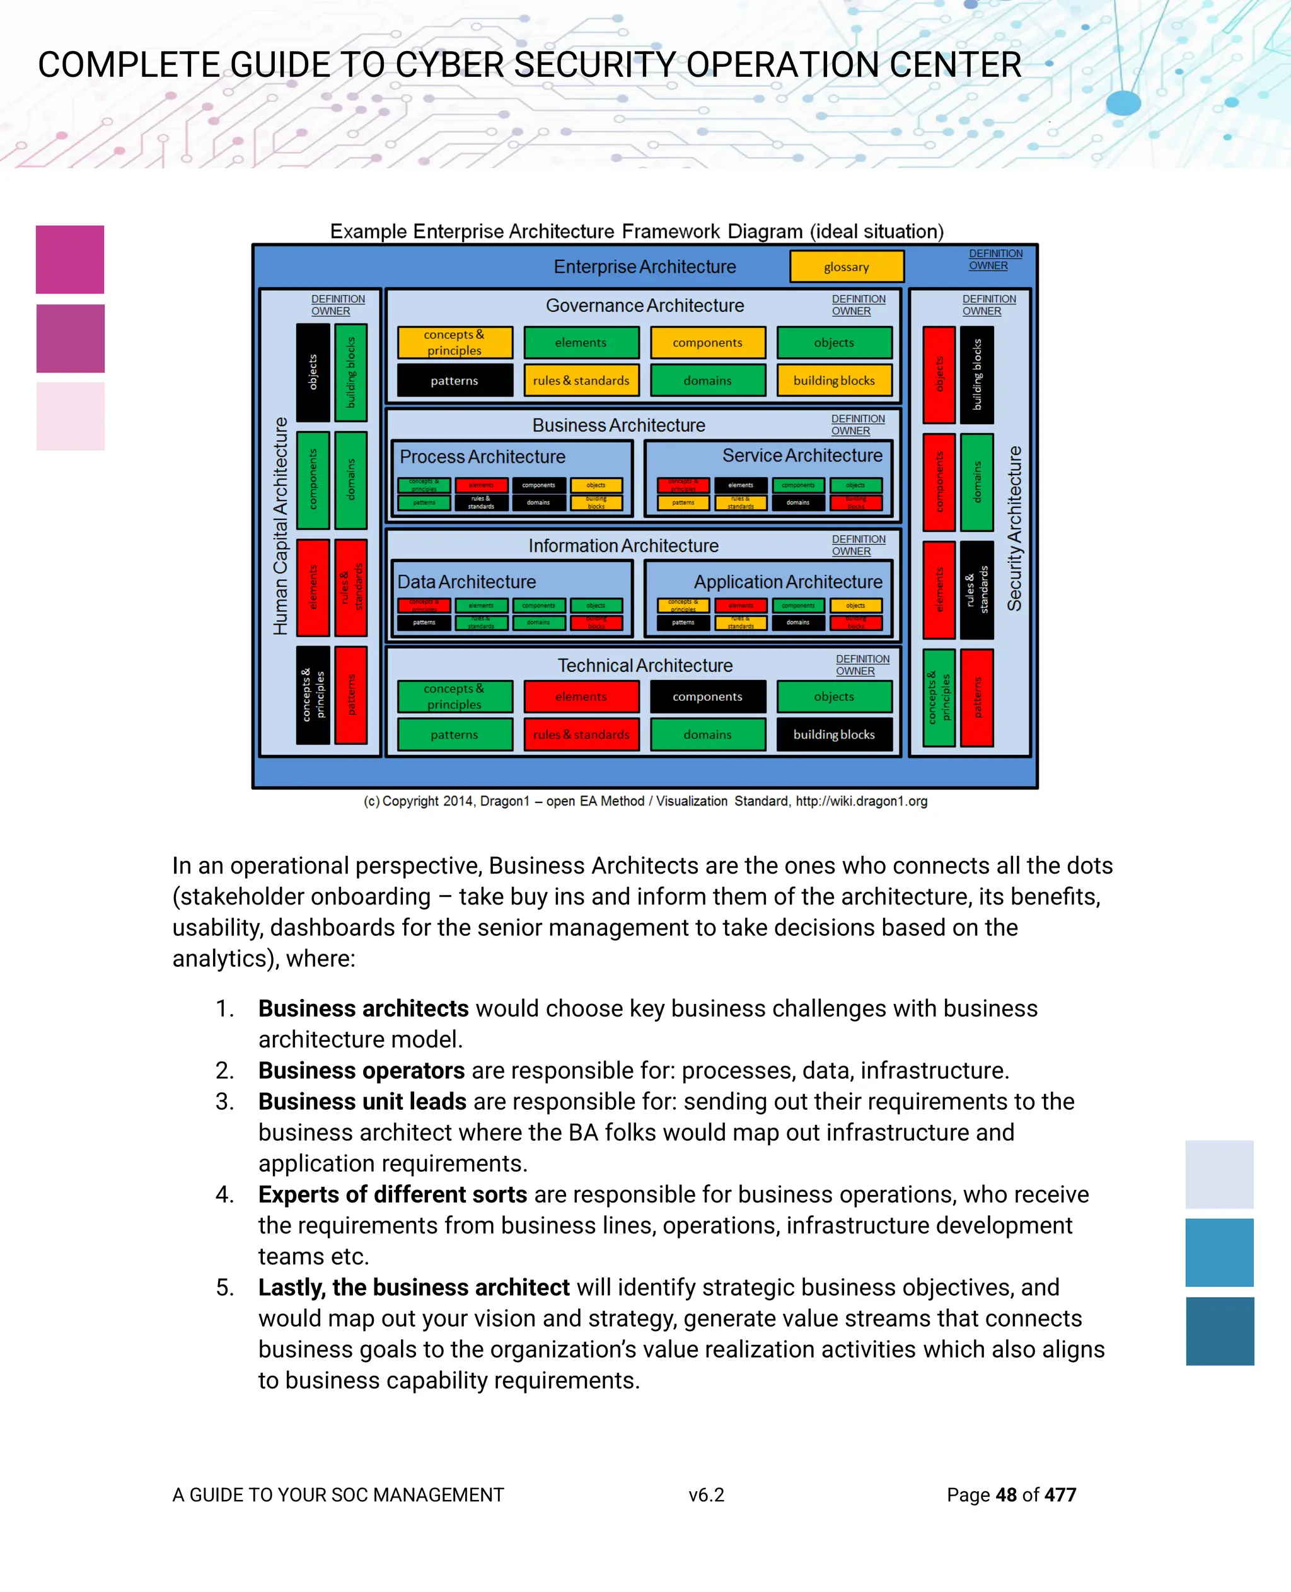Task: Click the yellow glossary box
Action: (x=847, y=266)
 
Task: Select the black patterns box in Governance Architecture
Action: (x=454, y=380)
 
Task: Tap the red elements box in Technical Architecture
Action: (x=581, y=696)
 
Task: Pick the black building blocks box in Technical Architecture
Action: (x=833, y=734)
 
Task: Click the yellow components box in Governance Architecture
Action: (x=707, y=343)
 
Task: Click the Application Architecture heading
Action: (x=787, y=582)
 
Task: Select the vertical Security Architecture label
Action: (x=1014, y=528)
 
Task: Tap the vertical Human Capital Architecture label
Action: (x=281, y=526)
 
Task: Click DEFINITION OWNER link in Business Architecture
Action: (x=857, y=425)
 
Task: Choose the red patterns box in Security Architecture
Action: (x=977, y=698)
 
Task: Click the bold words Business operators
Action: (x=361, y=1070)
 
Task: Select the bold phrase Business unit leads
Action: (x=362, y=1101)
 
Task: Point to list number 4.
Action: (x=224, y=1194)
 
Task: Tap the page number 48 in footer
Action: (x=1006, y=1494)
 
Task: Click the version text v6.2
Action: (x=706, y=1494)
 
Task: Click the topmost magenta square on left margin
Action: (x=70, y=260)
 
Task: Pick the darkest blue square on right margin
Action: (x=1220, y=1331)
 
